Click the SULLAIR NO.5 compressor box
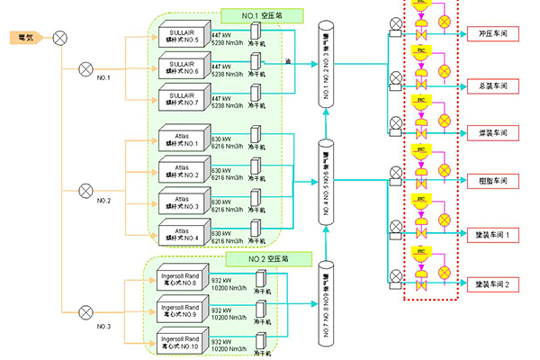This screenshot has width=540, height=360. [x=182, y=37]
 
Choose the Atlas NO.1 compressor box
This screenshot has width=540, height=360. [x=182, y=141]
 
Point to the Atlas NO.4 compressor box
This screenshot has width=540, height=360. [x=182, y=232]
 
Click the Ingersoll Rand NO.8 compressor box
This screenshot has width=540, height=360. [x=183, y=280]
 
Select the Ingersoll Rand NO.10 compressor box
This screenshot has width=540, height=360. [x=183, y=340]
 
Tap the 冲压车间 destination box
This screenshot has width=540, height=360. [x=493, y=33]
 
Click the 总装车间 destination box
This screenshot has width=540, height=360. [x=493, y=86]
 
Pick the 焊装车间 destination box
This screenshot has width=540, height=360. [x=493, y=133]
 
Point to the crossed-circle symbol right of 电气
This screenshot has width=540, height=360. [x=59, y=38]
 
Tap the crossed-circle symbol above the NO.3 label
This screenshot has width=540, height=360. [x=86, y=311]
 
